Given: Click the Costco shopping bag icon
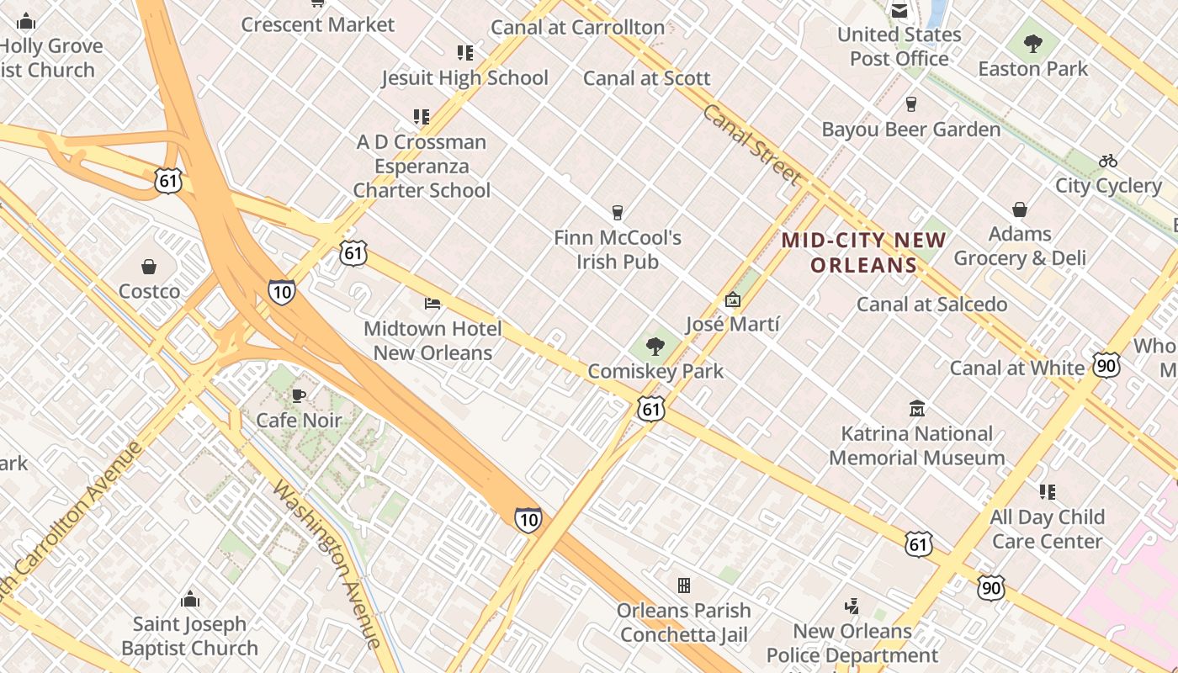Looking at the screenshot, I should [149, 267].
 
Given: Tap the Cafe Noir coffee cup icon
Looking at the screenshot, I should [298, 395].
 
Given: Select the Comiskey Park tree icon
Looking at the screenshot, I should [655, 346].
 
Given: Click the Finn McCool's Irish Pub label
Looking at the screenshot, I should [618, 249].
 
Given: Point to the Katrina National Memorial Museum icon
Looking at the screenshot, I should [917, 409].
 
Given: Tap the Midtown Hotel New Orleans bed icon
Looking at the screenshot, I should [432, 303].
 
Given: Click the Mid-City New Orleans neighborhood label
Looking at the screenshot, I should [864, 252].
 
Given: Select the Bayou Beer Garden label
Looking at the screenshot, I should [911, 130].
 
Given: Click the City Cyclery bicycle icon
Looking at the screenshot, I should [1108, 161].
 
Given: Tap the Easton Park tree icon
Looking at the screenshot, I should [1032, 44].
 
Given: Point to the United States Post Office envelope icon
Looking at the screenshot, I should [899, 11].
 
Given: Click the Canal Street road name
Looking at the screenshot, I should [751, 145].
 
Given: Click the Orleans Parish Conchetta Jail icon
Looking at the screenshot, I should [684, 585].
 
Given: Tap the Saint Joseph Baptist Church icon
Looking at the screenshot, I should [190, 599].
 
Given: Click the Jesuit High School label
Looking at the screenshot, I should [464, 78].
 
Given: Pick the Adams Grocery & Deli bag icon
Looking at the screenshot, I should [1020, 209].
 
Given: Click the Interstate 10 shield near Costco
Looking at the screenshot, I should [282, 291].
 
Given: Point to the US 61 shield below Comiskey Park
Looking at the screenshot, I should [650, 409].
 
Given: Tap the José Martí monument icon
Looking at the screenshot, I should [732, 299].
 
